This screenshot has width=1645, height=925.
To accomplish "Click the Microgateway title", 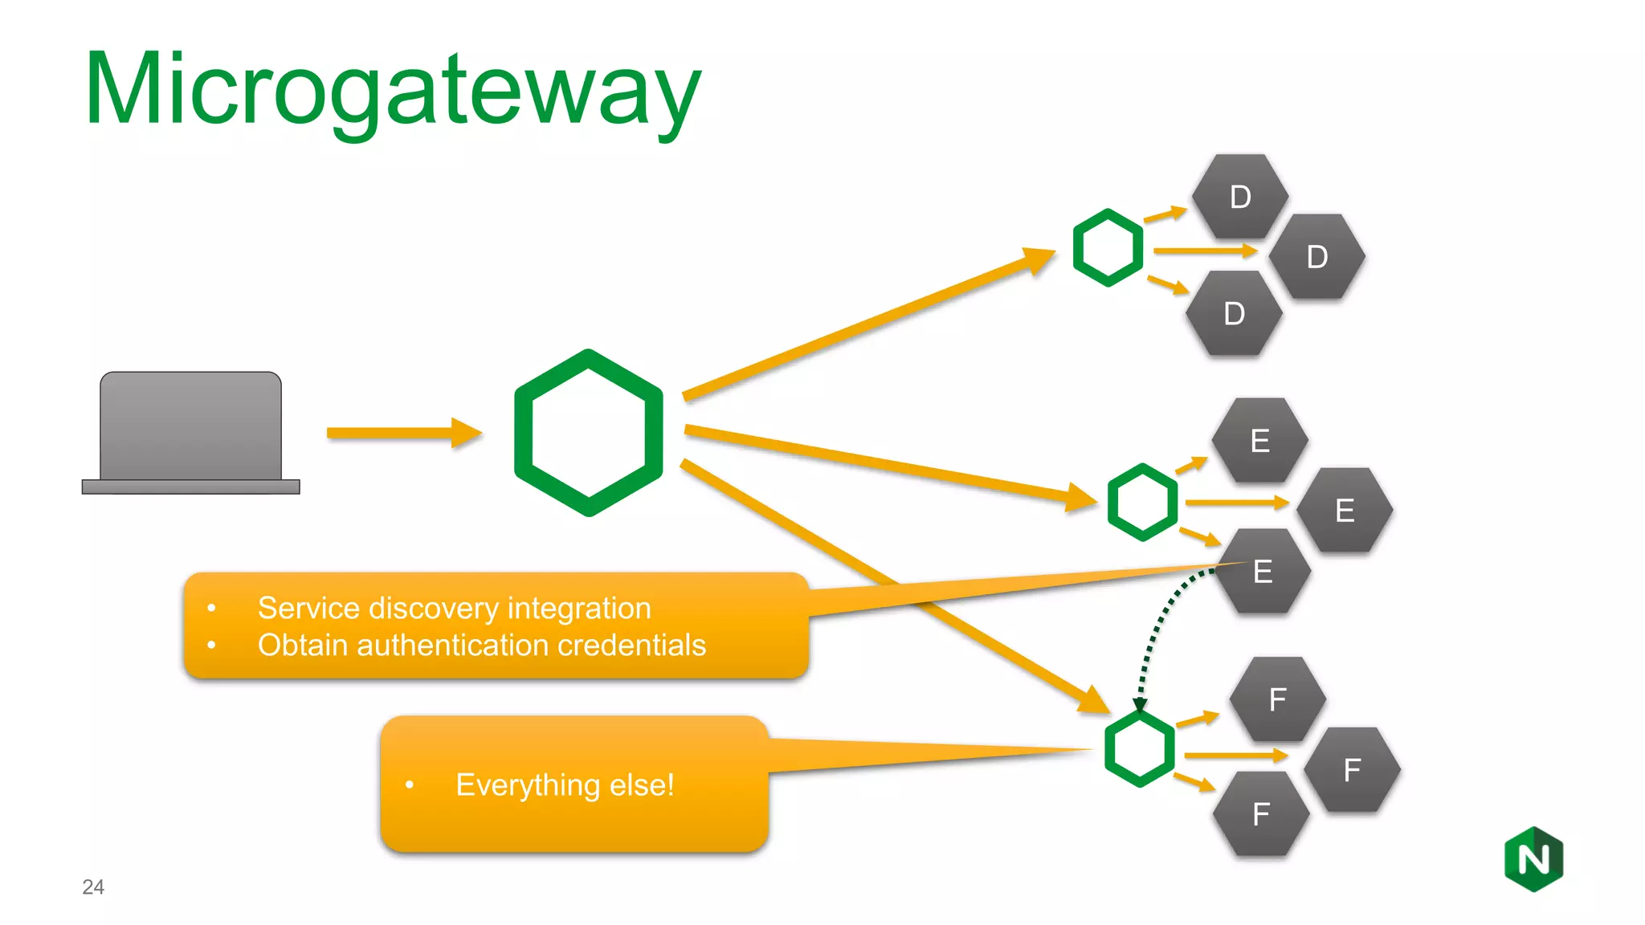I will click(392, 90).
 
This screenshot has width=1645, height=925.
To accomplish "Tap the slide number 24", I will click(93, 886).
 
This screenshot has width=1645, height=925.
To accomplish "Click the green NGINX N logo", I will click(1533, 859).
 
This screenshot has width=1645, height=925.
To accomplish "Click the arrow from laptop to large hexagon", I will click(402, 433).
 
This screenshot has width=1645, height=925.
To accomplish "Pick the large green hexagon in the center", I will click(589, 433).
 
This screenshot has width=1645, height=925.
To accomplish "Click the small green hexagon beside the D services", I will click(1108, 247).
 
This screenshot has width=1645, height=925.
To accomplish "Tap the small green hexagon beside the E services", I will click(1141, 502).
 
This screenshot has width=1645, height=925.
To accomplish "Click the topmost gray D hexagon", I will click(1239, 197).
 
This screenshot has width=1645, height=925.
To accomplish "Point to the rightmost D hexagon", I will click(1316, 257).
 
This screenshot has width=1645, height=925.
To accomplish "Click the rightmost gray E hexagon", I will click(1345, 511).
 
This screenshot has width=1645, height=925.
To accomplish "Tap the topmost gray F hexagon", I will click(1277, 699).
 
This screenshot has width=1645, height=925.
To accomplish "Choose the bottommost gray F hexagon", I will click(1260, 814).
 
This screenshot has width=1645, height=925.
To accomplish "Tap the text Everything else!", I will click(565, 784).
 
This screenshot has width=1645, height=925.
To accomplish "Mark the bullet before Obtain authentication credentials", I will click(211, 646).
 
